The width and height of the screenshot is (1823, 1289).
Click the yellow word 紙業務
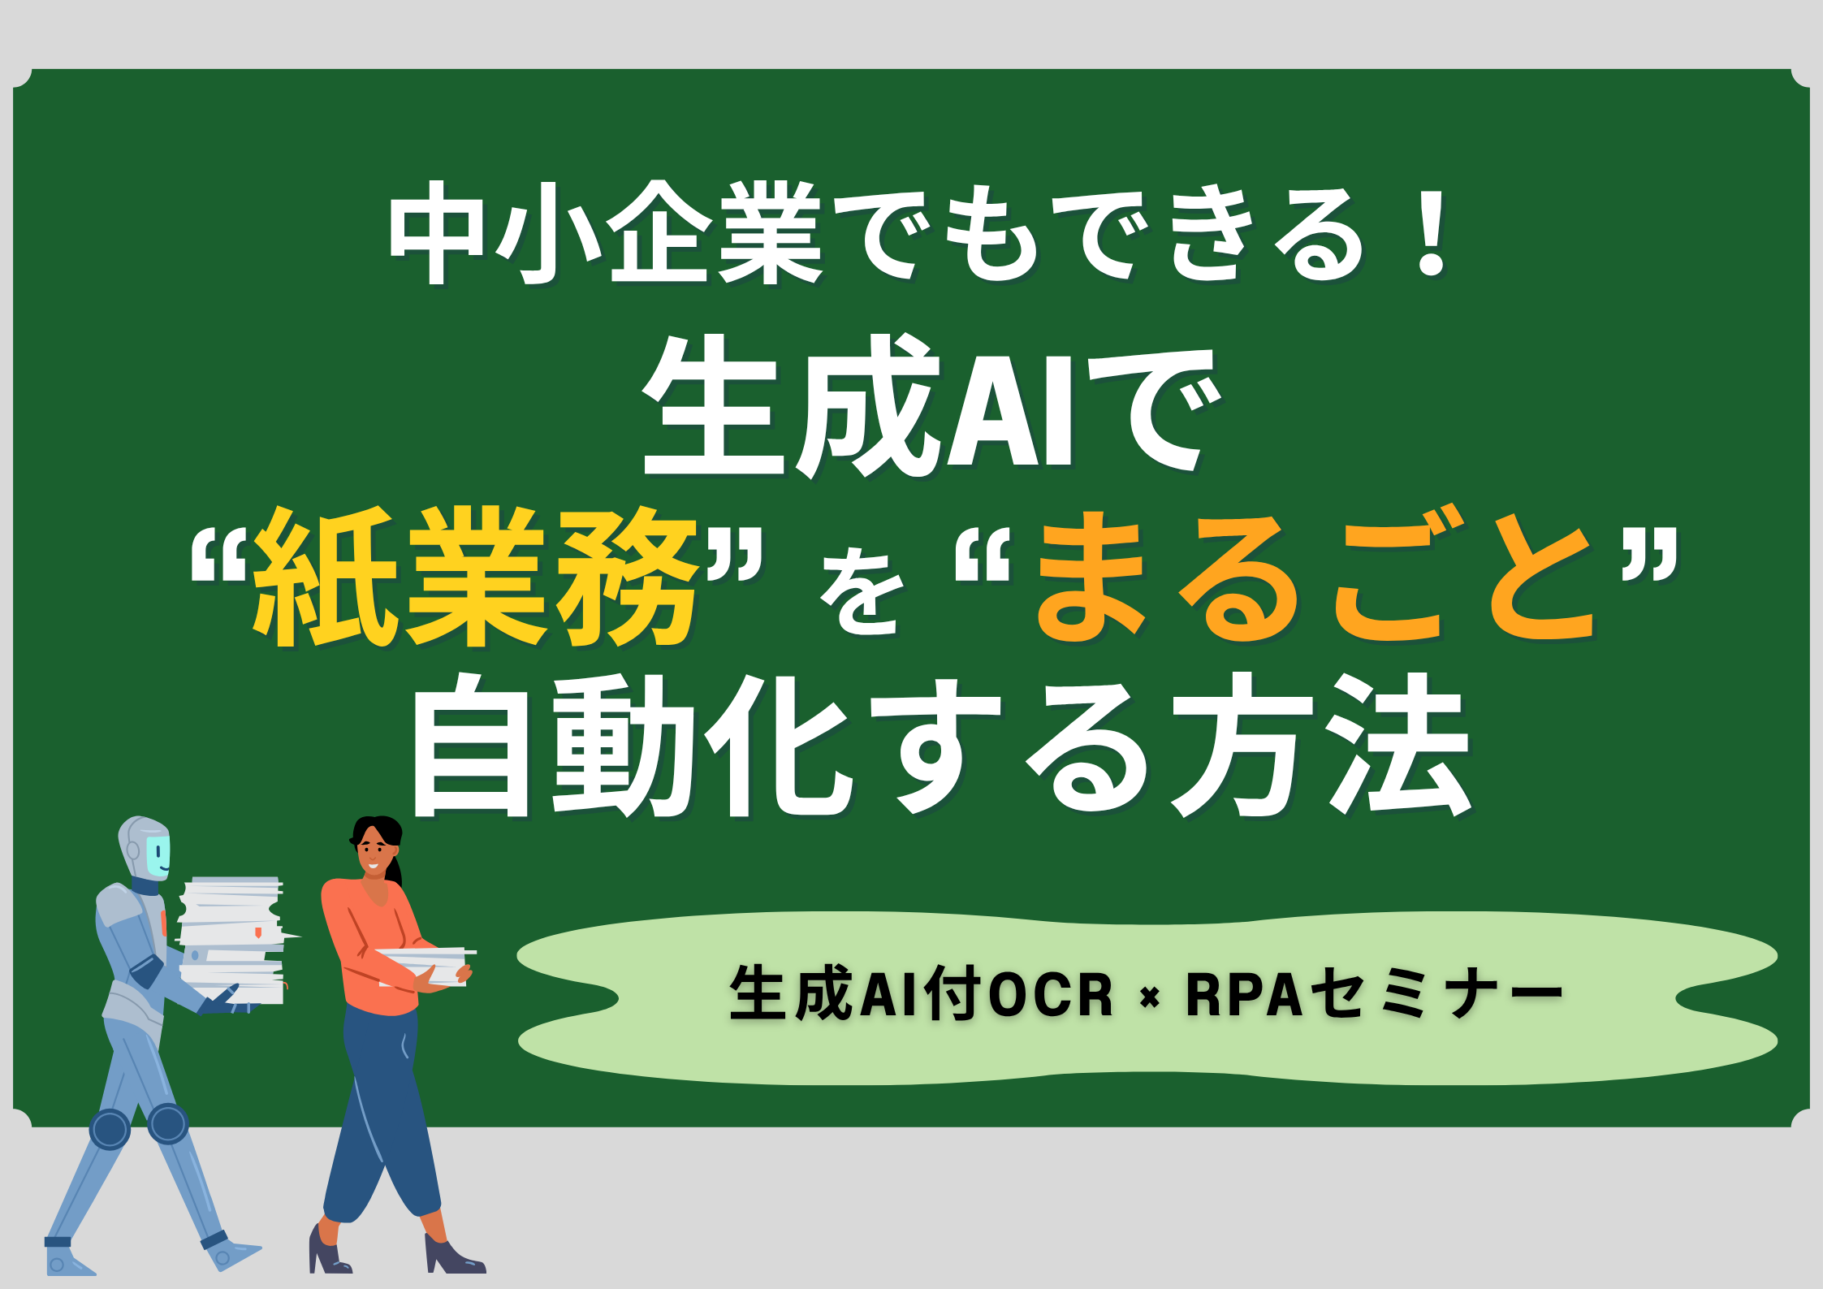pos(475,578)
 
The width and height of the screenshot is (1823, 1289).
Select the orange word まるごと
pos(1315,578)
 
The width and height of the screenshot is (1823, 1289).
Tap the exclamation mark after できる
pos(1430,233)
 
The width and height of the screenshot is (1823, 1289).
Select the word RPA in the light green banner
pos(1243,994)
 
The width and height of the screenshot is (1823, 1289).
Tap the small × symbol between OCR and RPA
pos(1149,997)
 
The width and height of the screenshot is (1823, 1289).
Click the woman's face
pos(373,849)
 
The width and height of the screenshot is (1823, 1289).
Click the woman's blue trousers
pos(382,1121)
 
